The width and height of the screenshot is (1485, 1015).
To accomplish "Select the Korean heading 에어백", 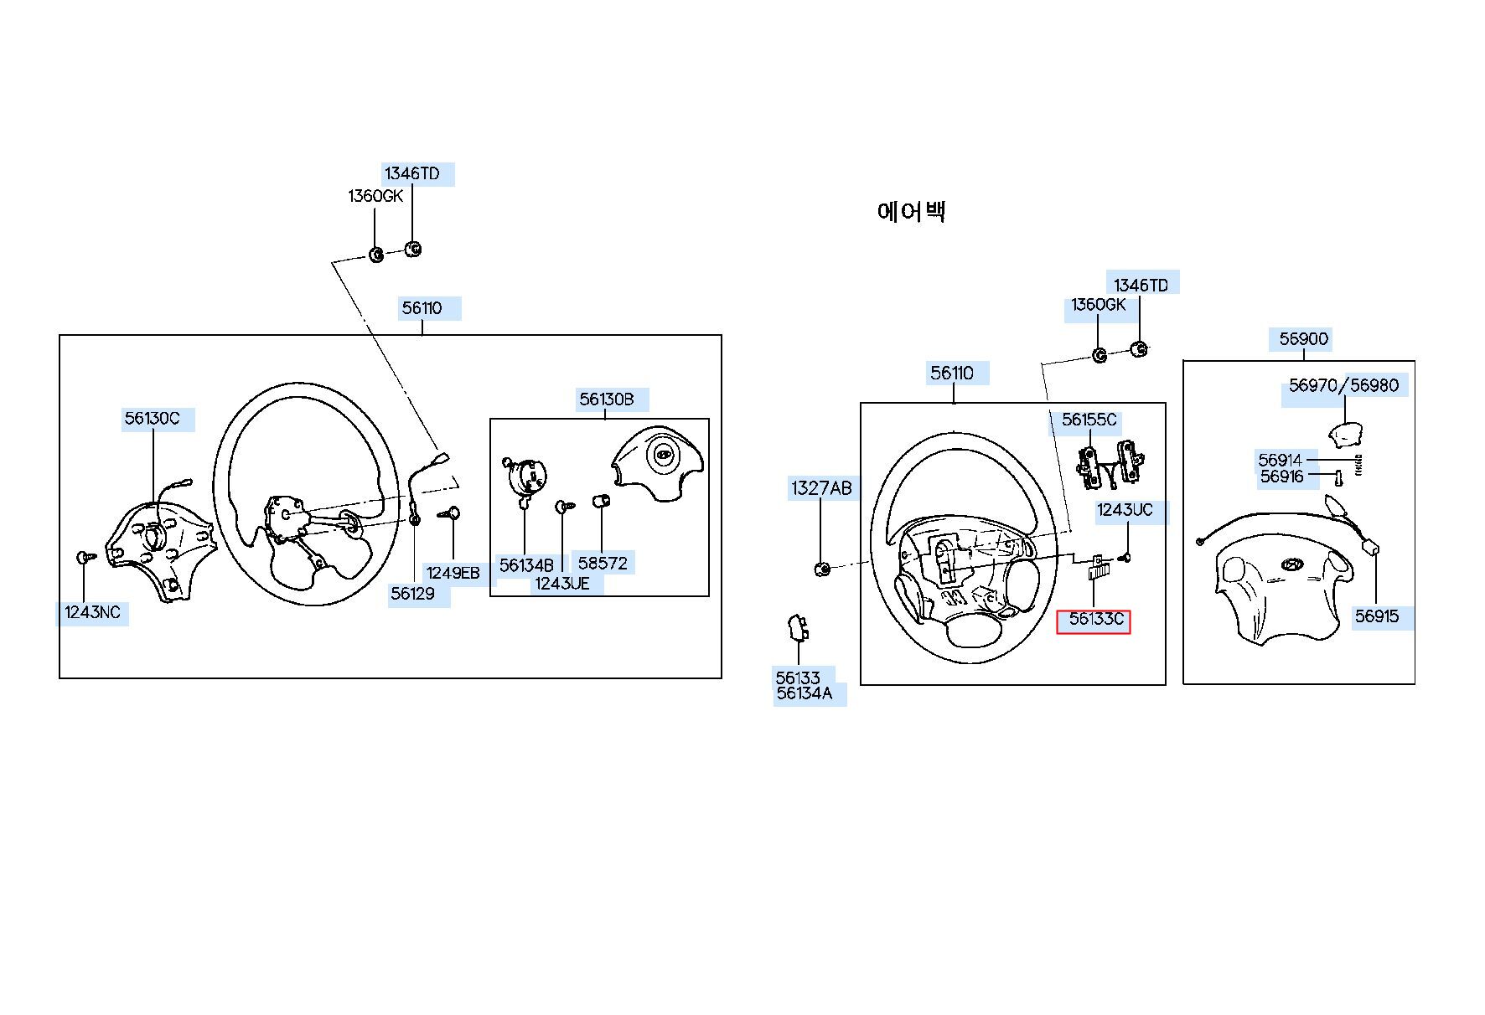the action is click(x=912, y=211).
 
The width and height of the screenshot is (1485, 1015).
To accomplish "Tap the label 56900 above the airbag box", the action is click(x=1304, y=339).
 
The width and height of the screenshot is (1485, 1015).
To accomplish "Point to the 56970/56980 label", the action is click(x=1344, y=385).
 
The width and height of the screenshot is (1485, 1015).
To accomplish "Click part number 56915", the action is click(x=1377, y=617).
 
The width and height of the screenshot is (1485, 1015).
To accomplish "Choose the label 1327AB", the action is click(x=821, y=488).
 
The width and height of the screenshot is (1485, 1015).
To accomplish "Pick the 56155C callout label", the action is click(x=1089, y=420).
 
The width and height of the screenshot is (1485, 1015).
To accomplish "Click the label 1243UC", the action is click(x=1125, y=510).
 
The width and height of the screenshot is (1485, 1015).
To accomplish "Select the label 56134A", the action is click(x=805, y=693).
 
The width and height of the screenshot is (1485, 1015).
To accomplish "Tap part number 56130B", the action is click(x=607, y=399).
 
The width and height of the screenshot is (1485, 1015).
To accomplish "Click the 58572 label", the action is click(x=603, y=564).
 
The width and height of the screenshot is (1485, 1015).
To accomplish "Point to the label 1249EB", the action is click(x=453, y=574).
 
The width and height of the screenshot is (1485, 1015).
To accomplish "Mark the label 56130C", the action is click(x=153, y=418).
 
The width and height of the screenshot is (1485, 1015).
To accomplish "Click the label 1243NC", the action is click(x=92, y=612).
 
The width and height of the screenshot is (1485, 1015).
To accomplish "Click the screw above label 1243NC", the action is click(x=85, y=556).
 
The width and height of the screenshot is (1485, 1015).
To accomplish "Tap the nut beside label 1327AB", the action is click(x=822, y=569).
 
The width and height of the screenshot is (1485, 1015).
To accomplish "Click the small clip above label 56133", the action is click(x=798, y=627).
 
